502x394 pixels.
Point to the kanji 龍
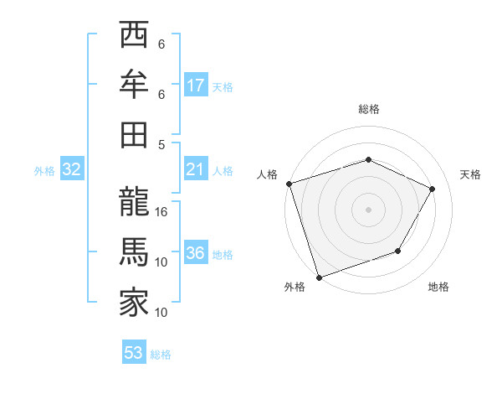(133, 201)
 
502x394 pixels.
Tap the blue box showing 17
(196, 86)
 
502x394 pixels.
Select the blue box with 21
(196, 170)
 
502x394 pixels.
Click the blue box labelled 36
(196, 254)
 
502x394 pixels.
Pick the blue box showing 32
(71, 170)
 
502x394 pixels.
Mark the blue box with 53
(133, 353)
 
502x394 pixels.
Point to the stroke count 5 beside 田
(161, 144)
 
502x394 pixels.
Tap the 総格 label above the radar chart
(369, 109)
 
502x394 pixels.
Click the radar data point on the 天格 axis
(433, 189)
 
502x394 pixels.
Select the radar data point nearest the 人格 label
(289, 184)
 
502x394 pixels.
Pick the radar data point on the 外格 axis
(319, 277)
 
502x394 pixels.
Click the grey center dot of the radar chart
(369, 209)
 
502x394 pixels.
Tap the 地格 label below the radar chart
(438, 288)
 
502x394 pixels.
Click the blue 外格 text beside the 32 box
(44, 171)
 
